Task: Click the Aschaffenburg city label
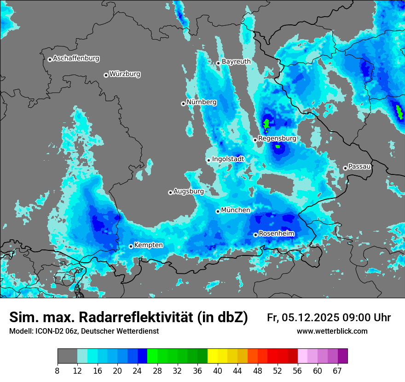click(76, 58)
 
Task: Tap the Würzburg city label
click(125, 74)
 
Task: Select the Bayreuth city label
click(236, 62)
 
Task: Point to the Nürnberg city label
click(201, 102)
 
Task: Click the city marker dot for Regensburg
click(255, 139)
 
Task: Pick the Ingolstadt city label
click(228, 159)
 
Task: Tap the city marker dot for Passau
click(345, 168)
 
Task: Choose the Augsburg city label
click(188, 191)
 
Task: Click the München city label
click(236, 210)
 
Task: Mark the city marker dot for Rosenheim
click(255, 235)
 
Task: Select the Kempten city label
click(148, 245)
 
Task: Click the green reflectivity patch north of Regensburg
click(266, 123)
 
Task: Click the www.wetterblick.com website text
click(332, 331)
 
